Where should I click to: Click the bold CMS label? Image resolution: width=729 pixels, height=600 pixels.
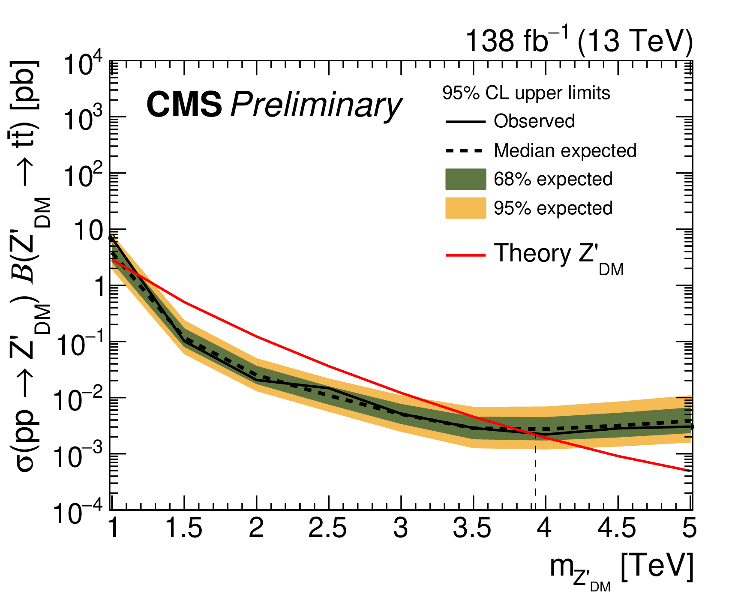pos(184,105)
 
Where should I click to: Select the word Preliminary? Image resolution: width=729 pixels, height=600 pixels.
pos(316,106)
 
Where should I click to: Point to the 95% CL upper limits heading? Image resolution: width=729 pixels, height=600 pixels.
pos(526,93)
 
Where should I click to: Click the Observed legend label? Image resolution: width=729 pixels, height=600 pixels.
pos(534,121)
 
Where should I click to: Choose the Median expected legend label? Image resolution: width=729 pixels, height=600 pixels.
pos(565,150)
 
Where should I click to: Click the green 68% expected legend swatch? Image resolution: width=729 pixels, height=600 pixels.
pos(465,179)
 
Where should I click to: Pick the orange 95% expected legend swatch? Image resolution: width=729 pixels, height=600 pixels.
pos(465,208)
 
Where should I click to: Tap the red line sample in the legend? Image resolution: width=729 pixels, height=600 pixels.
pos(465,256)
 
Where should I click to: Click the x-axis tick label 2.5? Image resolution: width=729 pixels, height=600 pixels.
pos(328,529)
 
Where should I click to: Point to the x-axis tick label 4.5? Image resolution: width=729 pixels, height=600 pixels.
pos(617,529)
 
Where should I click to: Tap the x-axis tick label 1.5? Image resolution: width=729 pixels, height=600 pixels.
pos(184,529)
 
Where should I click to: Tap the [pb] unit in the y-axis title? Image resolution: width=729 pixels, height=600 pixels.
pos(27,86)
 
